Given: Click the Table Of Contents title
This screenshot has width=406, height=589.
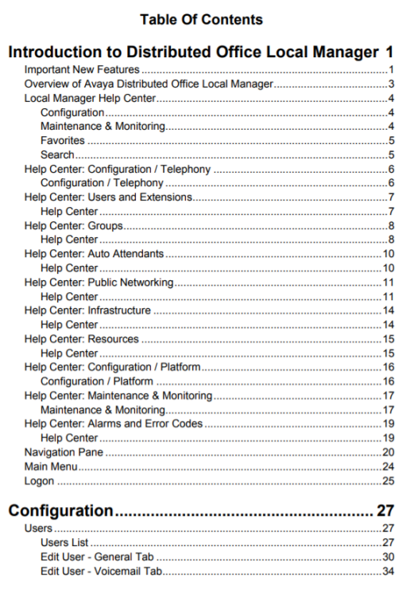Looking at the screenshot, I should pos(201,19).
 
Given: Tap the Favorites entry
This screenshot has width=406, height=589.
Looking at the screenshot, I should pos(63,141).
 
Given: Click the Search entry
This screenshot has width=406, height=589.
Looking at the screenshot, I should pos(57,154).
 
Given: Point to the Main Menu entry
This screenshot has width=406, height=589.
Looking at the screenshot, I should pos(51,466).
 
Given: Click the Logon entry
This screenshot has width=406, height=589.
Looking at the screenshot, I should pos(40,481).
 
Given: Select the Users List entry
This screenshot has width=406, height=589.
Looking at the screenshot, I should pos(66,542).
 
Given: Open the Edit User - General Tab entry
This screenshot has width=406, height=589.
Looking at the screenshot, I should pos(97,556).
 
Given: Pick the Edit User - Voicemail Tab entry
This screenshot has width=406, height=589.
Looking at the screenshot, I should pos(102,571).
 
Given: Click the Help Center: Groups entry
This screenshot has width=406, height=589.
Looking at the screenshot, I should pos(73,226).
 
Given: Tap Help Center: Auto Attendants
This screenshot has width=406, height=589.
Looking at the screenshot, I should pos(94,254).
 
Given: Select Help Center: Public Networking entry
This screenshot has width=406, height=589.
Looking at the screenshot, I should pos(99,283).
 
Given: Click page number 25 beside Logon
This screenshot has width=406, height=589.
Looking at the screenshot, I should pos(389,481).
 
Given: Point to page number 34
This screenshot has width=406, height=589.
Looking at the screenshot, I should pos(389,571).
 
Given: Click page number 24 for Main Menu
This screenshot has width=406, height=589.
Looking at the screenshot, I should pos(389,466).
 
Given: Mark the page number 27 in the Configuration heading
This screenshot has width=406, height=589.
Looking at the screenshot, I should pos(385,510).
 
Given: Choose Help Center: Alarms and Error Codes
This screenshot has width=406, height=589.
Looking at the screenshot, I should pos(114,423).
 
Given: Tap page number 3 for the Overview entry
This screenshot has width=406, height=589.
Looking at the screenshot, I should pos(392,84).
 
